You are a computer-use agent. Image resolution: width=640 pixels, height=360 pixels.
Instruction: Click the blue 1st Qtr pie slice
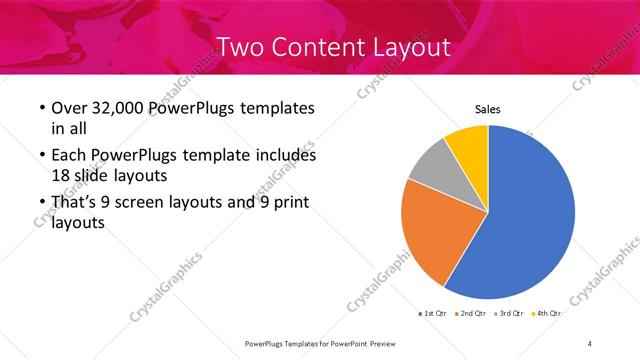point(525,215)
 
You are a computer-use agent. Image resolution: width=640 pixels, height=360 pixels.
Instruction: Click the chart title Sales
point(487,110)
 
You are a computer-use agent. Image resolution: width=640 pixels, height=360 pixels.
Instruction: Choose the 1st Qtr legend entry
point(432,314)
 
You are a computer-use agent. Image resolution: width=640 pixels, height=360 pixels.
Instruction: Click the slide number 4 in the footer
point(590,343)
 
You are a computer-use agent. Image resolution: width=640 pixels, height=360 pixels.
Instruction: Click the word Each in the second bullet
point(68,156)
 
